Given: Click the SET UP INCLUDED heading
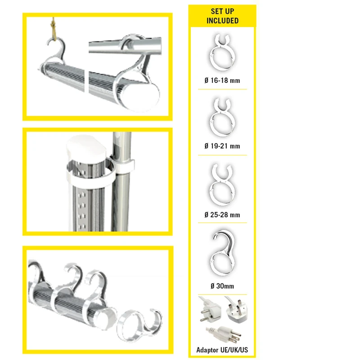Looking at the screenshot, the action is [222, 16].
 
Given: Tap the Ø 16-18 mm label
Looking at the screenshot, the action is [222, 81].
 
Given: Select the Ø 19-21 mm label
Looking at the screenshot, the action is [222, 146].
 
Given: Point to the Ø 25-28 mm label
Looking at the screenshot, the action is [222, 215].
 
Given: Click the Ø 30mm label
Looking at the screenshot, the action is [222, 286].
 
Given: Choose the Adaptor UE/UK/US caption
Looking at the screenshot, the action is [222, 350].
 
